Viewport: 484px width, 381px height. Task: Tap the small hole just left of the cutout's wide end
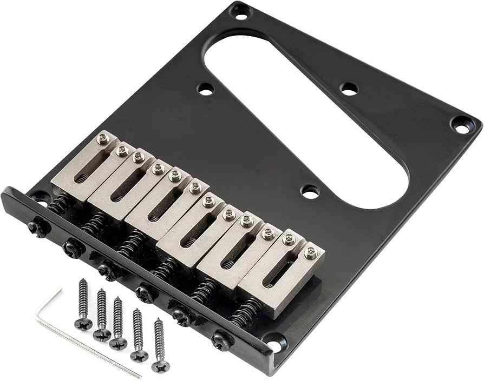206,89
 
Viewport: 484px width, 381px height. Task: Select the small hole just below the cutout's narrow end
310,191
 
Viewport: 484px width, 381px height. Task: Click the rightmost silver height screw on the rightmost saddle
310,252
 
